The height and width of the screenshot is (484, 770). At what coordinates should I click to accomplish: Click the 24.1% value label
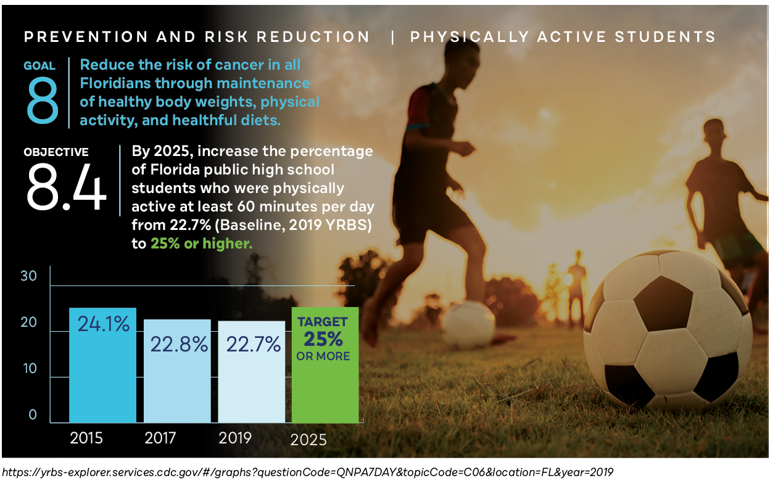coord(103,323)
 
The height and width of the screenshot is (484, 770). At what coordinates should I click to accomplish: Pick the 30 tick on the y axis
coord(29,276)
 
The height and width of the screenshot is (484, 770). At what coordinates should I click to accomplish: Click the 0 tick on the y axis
coord(33,415)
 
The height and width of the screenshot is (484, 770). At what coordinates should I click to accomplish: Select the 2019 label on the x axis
coord(235,438)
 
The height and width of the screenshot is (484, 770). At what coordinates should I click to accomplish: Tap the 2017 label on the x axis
coord(160,438)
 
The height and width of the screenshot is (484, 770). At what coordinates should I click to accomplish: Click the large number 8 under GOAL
coord(43,100)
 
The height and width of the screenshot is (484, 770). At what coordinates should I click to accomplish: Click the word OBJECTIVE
coord(56,152)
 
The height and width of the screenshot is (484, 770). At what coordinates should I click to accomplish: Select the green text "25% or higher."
coord(201,244)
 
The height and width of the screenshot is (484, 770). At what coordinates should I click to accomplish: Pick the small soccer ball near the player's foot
coord(469,324)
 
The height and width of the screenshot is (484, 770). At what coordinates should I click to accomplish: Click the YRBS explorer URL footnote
coord(308,472)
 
